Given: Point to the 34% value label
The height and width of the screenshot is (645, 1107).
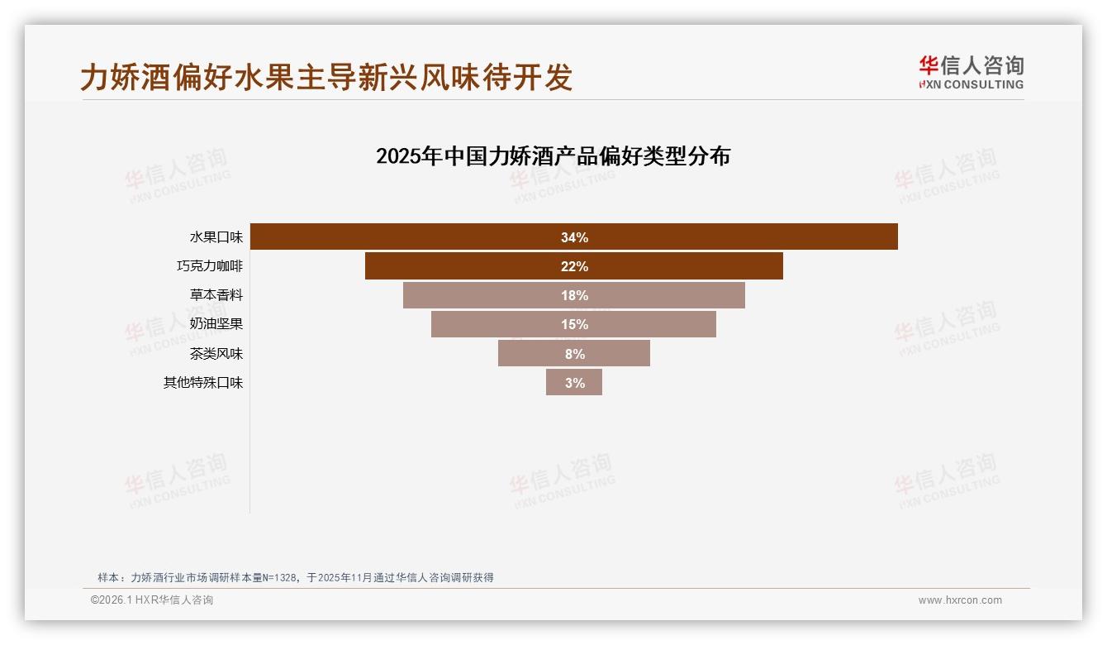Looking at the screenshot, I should [x=574, y=237].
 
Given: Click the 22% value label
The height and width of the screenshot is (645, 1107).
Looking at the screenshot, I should [x=574, y=266].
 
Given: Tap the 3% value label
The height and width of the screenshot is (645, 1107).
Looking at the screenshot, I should [x=575, y=383].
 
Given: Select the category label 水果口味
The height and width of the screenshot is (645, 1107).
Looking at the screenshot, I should [x=216, y=237].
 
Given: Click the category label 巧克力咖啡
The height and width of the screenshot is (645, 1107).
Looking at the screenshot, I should [x=210, y=266].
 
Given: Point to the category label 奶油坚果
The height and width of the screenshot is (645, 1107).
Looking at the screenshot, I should [x=216, y=324].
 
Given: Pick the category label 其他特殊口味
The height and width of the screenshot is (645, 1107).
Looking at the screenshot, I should [x=203, y=383].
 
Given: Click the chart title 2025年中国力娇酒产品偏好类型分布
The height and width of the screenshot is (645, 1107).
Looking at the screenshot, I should [x=553, y=156].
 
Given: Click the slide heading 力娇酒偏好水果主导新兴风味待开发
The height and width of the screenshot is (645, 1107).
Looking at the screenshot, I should [x=326, y=78].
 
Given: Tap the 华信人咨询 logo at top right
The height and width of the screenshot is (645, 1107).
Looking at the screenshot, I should [x=971, y=72].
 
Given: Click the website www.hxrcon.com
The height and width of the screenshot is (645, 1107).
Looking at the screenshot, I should [x=960, y=600].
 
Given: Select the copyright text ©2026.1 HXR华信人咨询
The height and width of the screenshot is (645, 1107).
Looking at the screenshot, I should [x=152, y=600].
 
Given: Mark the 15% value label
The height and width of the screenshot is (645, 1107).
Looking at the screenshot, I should [x=574, y=324].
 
